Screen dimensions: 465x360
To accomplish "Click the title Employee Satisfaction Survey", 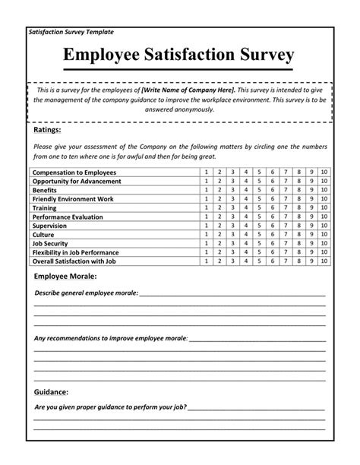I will pos(179,56).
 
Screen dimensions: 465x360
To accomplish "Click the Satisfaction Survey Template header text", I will pos(71,32).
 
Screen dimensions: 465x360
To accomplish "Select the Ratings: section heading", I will pos(48,130).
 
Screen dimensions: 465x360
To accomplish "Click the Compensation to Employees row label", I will pos(74,173).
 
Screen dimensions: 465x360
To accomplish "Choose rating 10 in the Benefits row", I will pos(324,190).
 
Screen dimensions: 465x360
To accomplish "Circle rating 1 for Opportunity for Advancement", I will pos(206,182).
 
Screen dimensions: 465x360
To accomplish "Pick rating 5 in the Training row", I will pos(258,207).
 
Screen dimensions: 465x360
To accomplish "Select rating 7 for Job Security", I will pos(285,243).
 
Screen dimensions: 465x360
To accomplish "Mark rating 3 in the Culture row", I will pos(232,234).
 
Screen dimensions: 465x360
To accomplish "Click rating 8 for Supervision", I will pos(298,226).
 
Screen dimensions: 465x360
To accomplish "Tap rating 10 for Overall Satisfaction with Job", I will pos(324,261).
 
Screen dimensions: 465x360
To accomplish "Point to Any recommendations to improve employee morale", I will pos(111,337).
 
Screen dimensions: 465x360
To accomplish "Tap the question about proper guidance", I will pos(110,407).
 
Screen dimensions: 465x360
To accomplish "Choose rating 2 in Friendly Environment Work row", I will pos(219,199).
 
